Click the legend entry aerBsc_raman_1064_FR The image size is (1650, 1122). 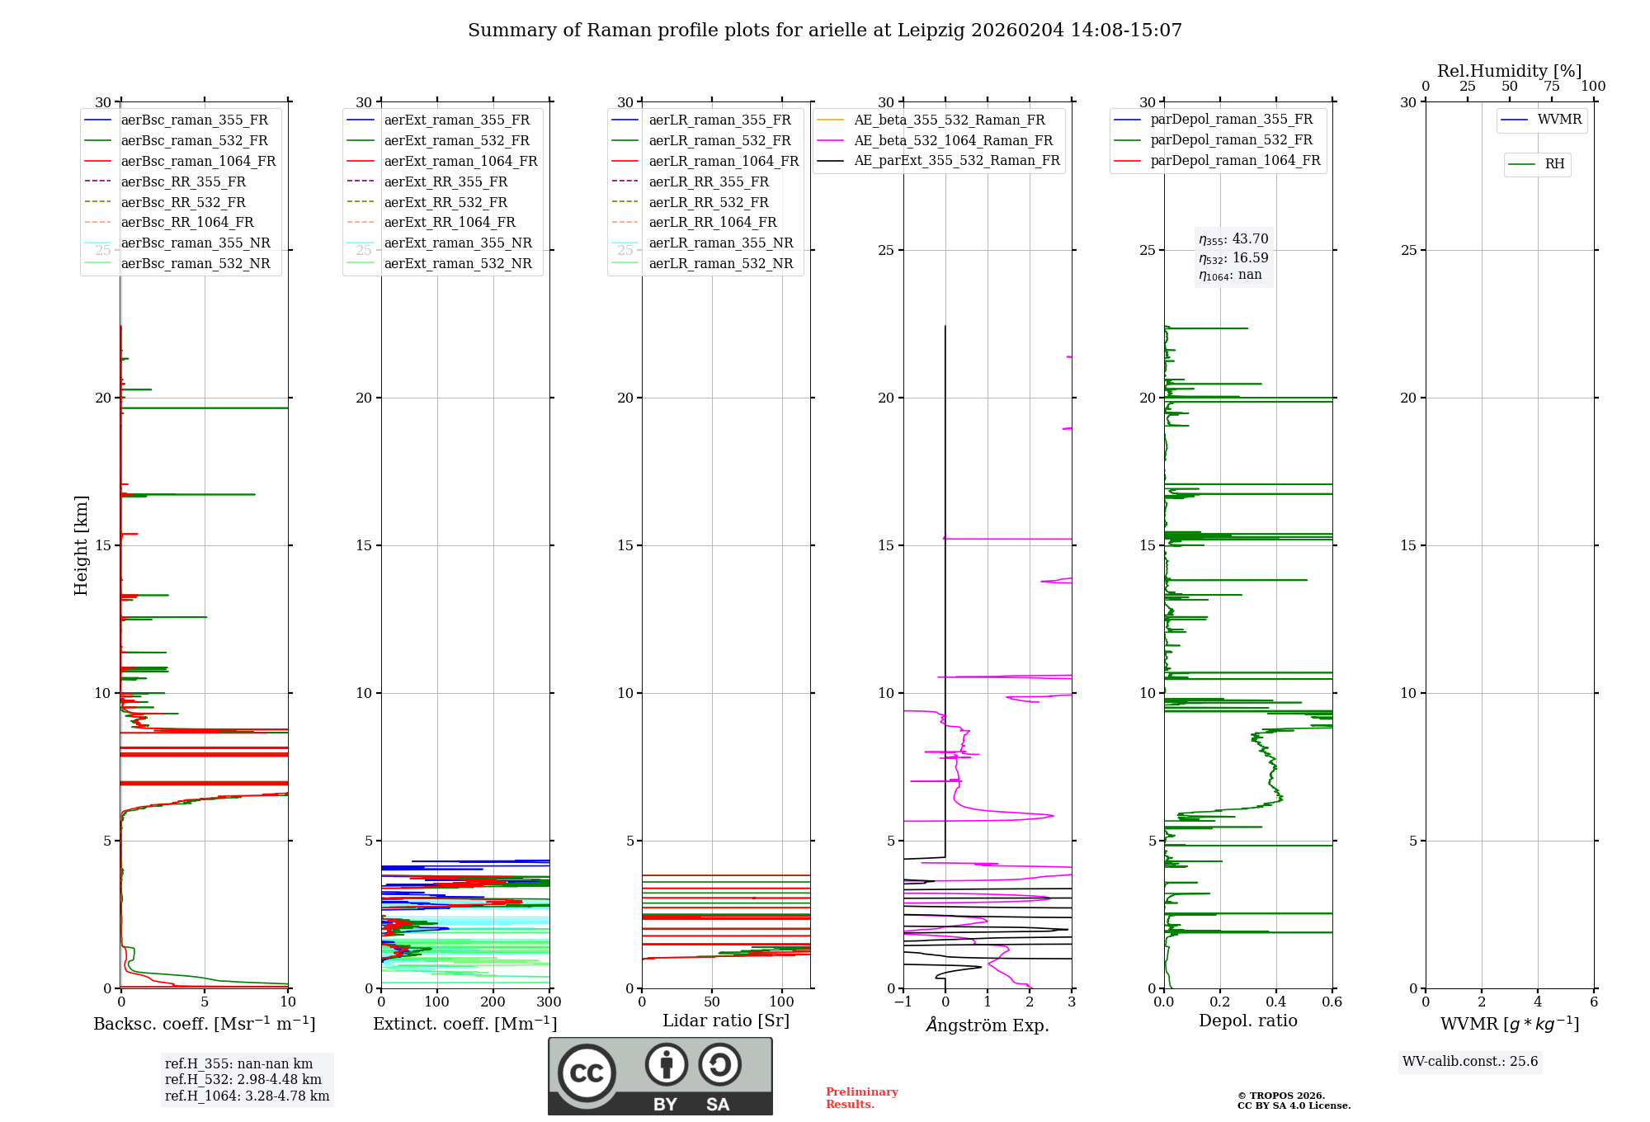pos(198,162)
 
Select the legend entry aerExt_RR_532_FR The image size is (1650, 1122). pos(445,203)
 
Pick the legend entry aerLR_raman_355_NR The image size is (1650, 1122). pos(720,243)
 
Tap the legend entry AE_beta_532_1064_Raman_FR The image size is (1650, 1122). pos(953,141)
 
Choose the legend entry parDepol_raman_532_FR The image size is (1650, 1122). pos(1231,140)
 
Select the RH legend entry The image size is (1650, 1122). pos(1554,164)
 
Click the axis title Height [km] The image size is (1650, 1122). pos(81,545)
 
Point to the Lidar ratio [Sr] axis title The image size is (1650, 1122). pos(726,1021)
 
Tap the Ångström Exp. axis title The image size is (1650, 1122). pos(988,1025)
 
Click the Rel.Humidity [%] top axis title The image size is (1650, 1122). pos(1509,71)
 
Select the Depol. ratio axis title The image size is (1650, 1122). pos(1247,1021)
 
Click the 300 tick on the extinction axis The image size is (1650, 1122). pos(549,1002)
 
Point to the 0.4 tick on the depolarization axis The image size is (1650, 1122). pos(1276,1002)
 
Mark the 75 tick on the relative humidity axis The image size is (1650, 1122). pos(1551,87)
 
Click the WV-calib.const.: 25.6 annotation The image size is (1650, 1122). pos(1470,1062)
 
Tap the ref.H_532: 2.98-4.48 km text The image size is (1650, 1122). pos(243,1080)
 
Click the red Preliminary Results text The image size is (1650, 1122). pos(861,1098)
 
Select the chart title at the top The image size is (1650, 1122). pos(825,31)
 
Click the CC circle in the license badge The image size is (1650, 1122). pos(587,1073)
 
